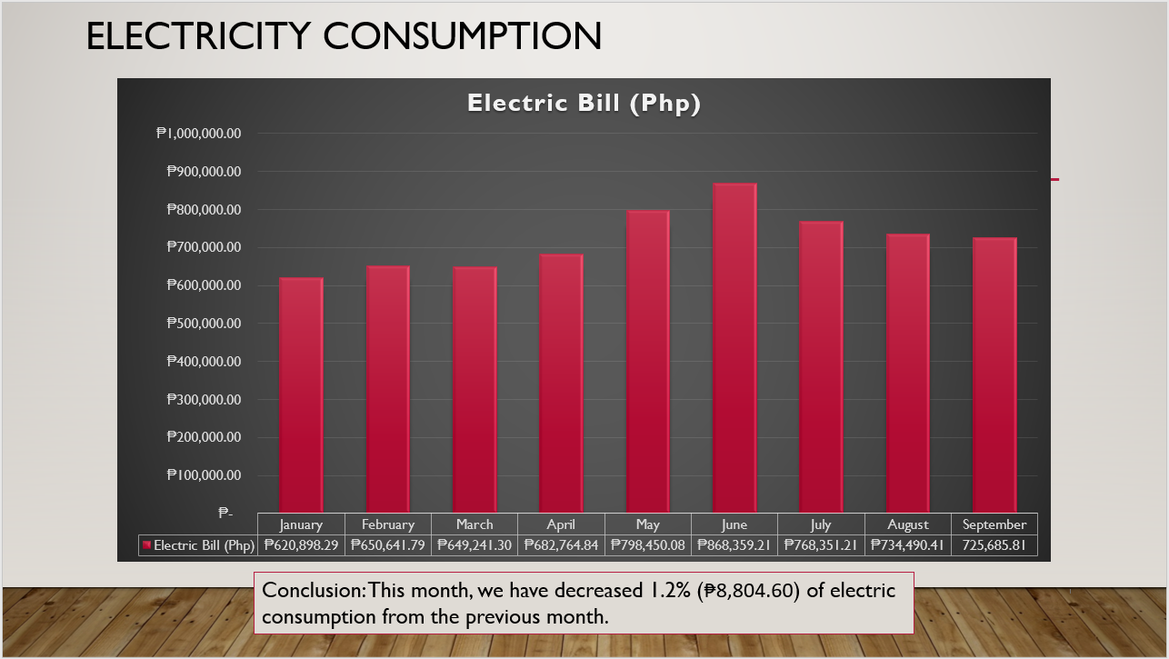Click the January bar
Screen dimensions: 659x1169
301,395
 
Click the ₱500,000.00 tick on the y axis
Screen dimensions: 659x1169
205,324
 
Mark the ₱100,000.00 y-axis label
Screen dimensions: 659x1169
205,475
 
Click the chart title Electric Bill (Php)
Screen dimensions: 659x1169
584,103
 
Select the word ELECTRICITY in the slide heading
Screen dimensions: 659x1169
200,35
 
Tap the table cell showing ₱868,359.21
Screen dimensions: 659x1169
734,545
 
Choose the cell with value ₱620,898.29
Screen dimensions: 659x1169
301,545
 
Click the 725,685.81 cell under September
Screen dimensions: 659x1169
994,545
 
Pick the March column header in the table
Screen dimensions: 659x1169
475,524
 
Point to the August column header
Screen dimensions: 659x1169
907,524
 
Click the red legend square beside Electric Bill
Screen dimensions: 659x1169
145,545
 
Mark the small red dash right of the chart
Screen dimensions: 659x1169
1055,180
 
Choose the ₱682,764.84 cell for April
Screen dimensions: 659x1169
561,545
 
